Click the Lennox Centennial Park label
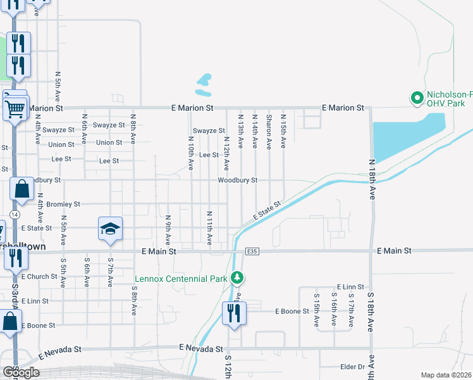point(181,279)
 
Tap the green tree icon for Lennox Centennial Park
point(237,278)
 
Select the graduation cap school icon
point(110,229)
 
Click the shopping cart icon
point(15,108)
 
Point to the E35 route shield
point(252,251)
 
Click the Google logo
point(21,372)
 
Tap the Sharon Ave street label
point(269,132)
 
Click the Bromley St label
point(63,205)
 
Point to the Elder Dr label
point(353,366)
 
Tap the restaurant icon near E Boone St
point(234,313)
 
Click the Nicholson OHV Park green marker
point(417,98)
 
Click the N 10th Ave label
point(191,155)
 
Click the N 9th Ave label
point(169,231)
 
